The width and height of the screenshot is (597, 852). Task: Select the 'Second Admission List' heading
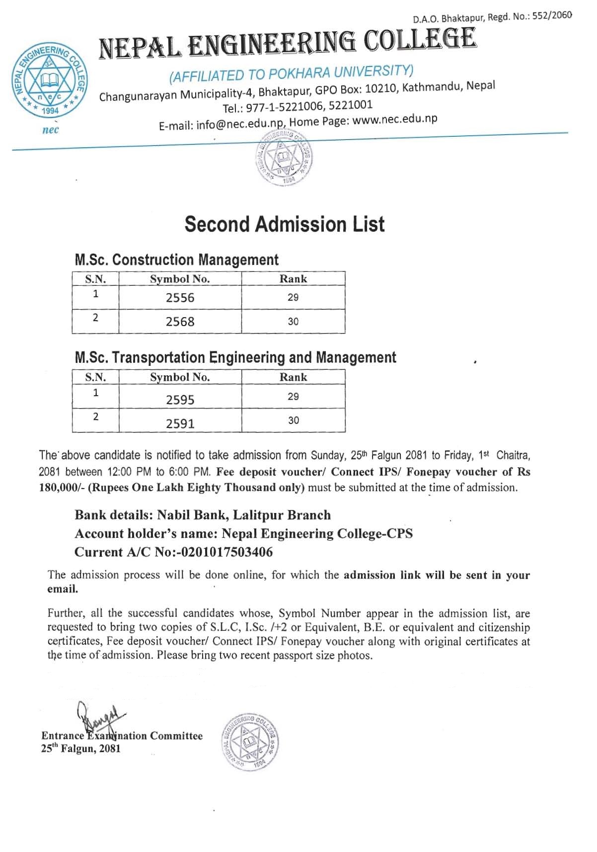click(284, 224)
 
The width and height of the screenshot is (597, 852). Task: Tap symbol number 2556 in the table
click(180, 298)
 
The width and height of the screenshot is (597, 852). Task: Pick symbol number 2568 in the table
click(180, 322)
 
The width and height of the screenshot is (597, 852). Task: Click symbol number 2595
click(180, 400)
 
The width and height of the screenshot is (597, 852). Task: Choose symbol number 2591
click(180, 424)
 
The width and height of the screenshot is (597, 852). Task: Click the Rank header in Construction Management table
click(293, 279)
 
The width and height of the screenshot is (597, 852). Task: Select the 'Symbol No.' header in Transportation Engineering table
click(180, 377)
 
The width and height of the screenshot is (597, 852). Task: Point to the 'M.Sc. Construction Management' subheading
click(176, 259)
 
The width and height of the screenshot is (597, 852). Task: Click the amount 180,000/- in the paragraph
click(62, 488)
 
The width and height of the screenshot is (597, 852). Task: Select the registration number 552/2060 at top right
click(552, 16)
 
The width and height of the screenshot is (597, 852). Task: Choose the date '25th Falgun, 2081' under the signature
click(80, 749)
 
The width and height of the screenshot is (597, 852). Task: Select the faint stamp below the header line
click(284, 159)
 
